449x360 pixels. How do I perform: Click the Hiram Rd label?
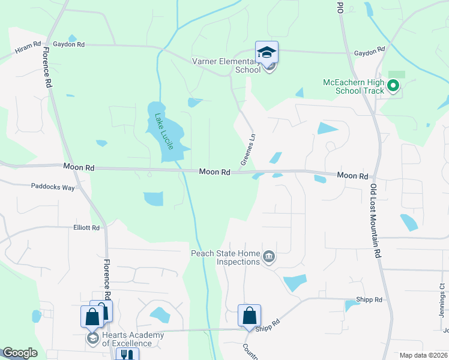[29, 44]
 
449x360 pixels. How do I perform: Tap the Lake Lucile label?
[164, 131]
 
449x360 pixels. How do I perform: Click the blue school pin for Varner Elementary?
[267, 53]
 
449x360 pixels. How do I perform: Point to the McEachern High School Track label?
[353, 86]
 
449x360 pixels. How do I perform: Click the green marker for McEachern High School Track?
[393, 86]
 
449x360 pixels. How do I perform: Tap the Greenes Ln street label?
[248, 149]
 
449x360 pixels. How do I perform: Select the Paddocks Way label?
[53, 187]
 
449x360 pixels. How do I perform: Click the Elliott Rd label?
[86, 228]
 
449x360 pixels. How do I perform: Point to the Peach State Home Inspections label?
[225, 257]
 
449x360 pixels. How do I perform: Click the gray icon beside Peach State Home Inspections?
[269, 257]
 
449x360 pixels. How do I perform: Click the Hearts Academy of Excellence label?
[127, 339]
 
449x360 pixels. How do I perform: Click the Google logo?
[20, 353]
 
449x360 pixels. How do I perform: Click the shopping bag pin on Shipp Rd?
[249, 316]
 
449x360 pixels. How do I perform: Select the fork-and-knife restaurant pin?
[127, 355]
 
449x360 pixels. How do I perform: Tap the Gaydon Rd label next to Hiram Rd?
[69, 44]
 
